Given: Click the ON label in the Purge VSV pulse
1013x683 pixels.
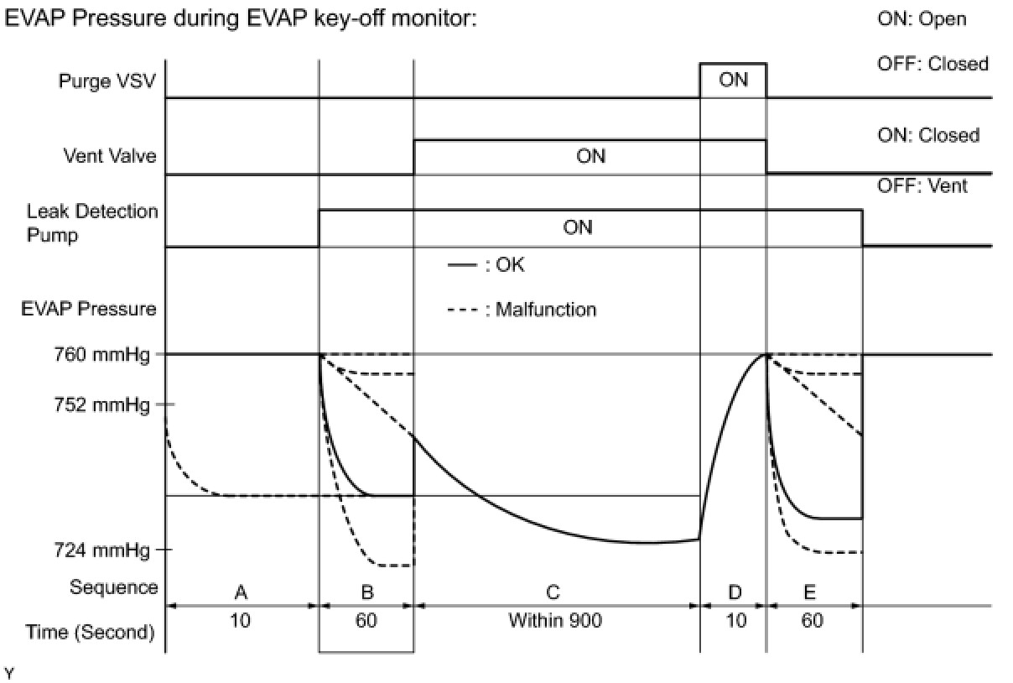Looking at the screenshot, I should click(x=733, y=81).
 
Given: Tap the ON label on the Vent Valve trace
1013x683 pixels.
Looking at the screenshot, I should click(x=590, y=157).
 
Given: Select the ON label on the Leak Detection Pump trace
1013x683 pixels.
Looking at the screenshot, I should click(x=578, y=227).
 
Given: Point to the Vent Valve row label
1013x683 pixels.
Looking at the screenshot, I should click(x=110, y=156).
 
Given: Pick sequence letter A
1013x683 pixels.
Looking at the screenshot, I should click(x=241, y=593).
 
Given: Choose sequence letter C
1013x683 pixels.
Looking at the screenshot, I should click(x=553, y=593).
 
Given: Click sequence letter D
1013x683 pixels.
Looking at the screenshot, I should click(x=735, y=593).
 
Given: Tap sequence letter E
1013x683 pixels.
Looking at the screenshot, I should click(x=810, y=593).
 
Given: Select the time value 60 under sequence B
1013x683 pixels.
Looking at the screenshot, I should click(x=366, y=622).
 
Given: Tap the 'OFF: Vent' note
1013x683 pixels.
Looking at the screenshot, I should click(x=922, y=185).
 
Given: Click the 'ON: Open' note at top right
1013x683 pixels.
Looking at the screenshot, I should click(x=922, y=18).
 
